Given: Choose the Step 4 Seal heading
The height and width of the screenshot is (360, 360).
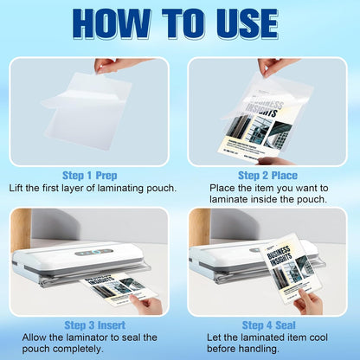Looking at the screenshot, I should click(268, 324).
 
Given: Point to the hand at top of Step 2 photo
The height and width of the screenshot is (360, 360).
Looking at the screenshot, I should click(277, 65).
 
